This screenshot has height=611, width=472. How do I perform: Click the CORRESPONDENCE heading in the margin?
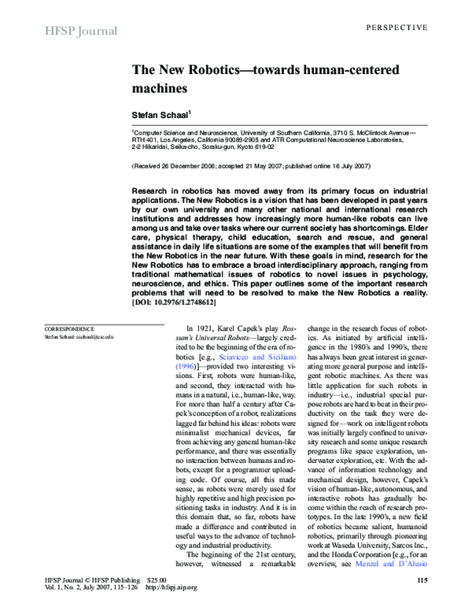tap(69, 328)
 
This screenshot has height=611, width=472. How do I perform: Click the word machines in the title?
tap(160, 88)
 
